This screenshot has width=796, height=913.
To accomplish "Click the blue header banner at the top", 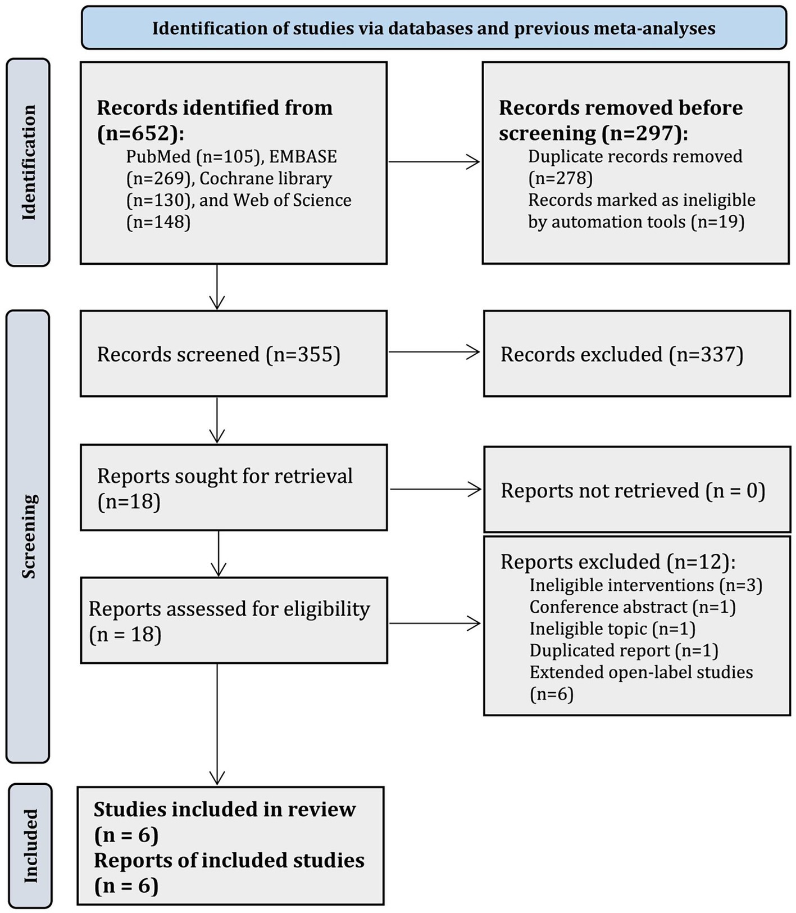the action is click(x=434, y=28).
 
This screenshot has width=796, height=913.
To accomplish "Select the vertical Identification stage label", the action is click(x=28, y=162).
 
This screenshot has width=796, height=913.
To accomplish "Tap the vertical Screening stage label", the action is click(x=28, y=536).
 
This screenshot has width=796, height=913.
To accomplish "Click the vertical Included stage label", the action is click(x=30, y=846).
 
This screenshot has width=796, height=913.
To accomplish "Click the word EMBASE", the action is click(x=303, y=156).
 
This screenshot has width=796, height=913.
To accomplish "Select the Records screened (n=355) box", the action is click(x=234, y=354).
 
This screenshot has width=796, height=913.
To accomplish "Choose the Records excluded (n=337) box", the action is click(x=637, y=354).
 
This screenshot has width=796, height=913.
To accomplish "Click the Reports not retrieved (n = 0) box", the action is click(x=637, y=490).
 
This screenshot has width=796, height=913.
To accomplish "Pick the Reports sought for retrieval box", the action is click(x=234, y=487).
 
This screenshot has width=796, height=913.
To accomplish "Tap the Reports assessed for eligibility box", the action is click(x=234, y=620).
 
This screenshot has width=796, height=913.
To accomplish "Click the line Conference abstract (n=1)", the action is click(x=633, y=607).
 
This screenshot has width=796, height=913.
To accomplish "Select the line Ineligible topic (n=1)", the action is click(x=612, y=629).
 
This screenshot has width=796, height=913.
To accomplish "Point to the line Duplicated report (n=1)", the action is click(x=624, y=651).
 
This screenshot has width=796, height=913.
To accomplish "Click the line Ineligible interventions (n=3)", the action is click(x=646, y=585).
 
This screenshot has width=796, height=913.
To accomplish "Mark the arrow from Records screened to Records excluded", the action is click(x=435, y=352).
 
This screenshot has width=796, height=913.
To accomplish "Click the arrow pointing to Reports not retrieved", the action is click(x=436, y=489).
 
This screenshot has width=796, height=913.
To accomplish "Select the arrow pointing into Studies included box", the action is click(x=217, y=724).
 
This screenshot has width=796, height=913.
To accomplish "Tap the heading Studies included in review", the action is click(x=225, y=810).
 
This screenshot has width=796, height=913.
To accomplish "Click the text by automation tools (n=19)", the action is click(x=636, y=222).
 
